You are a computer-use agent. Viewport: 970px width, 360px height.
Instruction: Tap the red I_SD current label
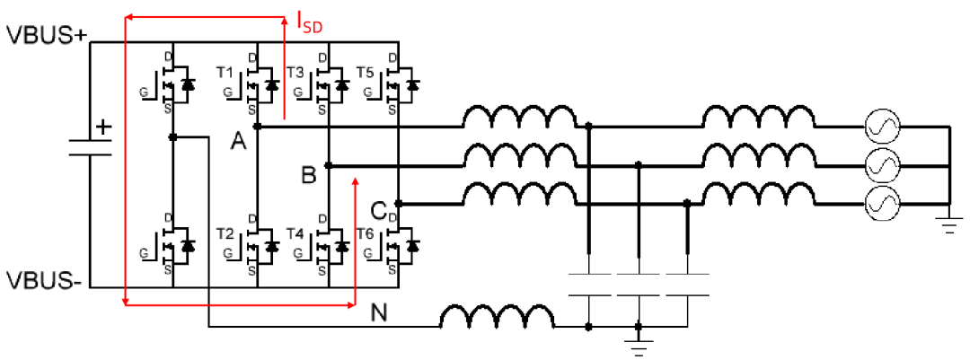[309, 23]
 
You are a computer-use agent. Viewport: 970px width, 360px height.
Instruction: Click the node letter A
[238, 141]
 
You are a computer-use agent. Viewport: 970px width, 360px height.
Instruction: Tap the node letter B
[308, 177]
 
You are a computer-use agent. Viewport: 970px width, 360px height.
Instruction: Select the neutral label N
[379, 313]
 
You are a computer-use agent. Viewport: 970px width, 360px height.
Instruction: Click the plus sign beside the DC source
[104, 127]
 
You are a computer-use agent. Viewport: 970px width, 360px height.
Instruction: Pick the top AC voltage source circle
[881, 127]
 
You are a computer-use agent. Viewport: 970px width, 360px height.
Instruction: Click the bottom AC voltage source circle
[881, 204]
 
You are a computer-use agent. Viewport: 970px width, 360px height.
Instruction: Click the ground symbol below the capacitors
[639, 347]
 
